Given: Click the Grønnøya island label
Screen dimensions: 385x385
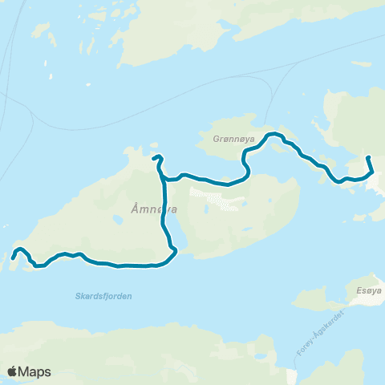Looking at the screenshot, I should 235,138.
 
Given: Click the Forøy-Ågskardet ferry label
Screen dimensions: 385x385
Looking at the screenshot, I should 324,331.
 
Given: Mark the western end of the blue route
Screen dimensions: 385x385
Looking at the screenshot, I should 14,257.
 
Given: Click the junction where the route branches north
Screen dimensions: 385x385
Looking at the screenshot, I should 164,179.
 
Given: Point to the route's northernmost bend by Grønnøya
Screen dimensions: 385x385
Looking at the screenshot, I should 273,134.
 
